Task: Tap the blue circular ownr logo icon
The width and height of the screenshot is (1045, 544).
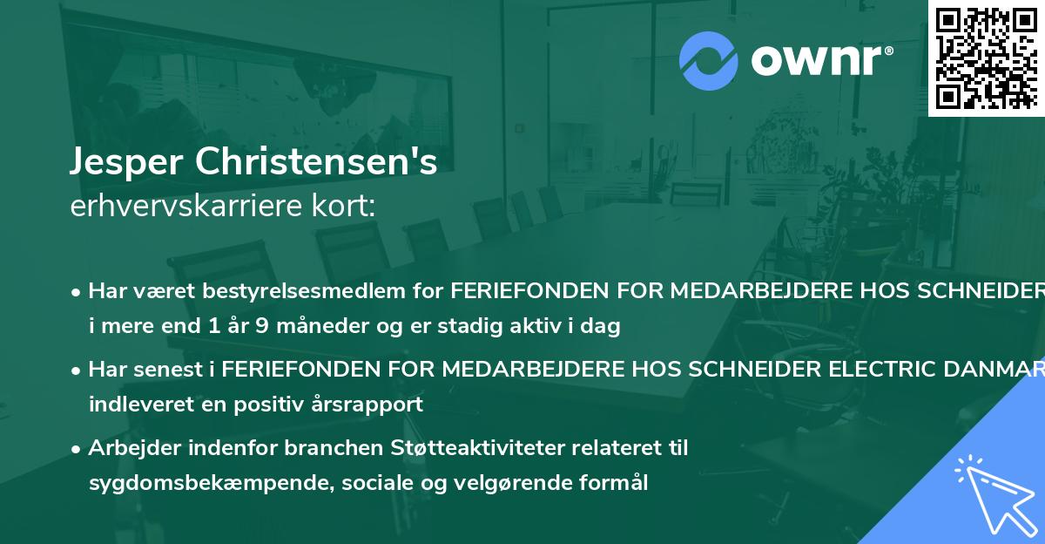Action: coord(709,60)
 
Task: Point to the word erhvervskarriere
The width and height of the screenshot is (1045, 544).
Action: coord(184,206)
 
